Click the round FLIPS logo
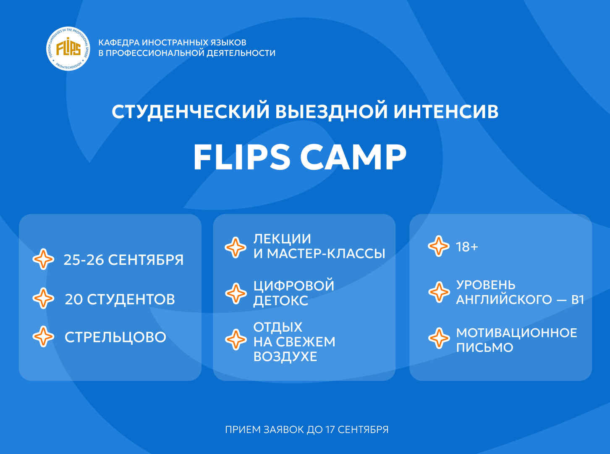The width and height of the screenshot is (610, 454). click(x=68, y=49)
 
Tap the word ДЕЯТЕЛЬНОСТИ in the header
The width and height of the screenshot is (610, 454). click(x=241, y=53)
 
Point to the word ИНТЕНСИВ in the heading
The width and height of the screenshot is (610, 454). click(x=446, y=111)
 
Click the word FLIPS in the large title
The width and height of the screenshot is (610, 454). click(x=242, y=157)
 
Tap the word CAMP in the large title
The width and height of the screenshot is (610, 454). click(x=353, y=157)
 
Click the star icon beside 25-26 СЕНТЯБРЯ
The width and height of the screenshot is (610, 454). click(x=43, y=259)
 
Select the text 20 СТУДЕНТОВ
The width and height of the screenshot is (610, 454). click(x=120, y=299)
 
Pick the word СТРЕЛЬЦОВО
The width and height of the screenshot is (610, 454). click(x=115, y=337)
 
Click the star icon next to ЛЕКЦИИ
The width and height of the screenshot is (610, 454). click(x=236, y=247)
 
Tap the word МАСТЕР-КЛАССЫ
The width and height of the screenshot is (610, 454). click(x=326, y=253)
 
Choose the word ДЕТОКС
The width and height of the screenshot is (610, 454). click(x=280, y=301)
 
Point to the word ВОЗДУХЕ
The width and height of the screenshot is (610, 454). click(x=285, y=356)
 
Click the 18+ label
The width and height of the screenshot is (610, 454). click(x=467, y=247)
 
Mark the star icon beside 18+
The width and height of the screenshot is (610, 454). click(x=439, y=246)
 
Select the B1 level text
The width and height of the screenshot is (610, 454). click(x=578, y=299)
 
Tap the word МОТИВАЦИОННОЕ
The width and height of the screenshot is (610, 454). click(x=516, y=333)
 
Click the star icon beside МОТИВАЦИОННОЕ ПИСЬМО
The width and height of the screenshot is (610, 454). click(x=439, y=338)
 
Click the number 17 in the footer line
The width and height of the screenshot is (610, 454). click(x=330, y=430)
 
